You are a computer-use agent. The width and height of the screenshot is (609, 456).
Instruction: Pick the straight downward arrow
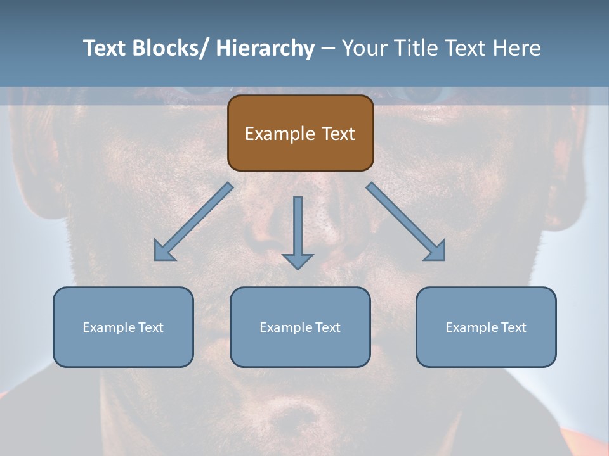pyautogui.click(x=298, y=231)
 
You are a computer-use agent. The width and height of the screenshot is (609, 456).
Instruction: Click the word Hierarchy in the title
pyautogui.click(x=265, y=48)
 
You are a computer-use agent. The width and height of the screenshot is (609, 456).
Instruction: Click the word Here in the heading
pyautogui.click(x=514, y=48)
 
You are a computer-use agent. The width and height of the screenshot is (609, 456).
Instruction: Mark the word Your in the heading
pyautogui.click(x=363, y=48)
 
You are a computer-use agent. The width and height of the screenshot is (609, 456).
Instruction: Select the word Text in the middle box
pyautogui.click(x=327, y=327)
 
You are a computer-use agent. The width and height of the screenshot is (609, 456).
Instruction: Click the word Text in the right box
pyautogui.click(x=513, y=327)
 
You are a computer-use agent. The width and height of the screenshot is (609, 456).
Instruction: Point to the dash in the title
pyautogui.click(x=328, y=49)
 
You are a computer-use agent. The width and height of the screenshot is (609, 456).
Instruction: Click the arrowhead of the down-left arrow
pyautogui.click(x=163, y=251)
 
